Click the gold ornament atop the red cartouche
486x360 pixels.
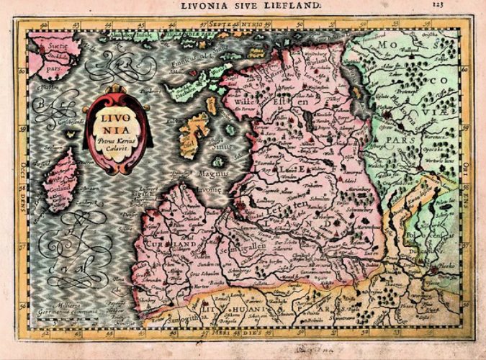point(117,90)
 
